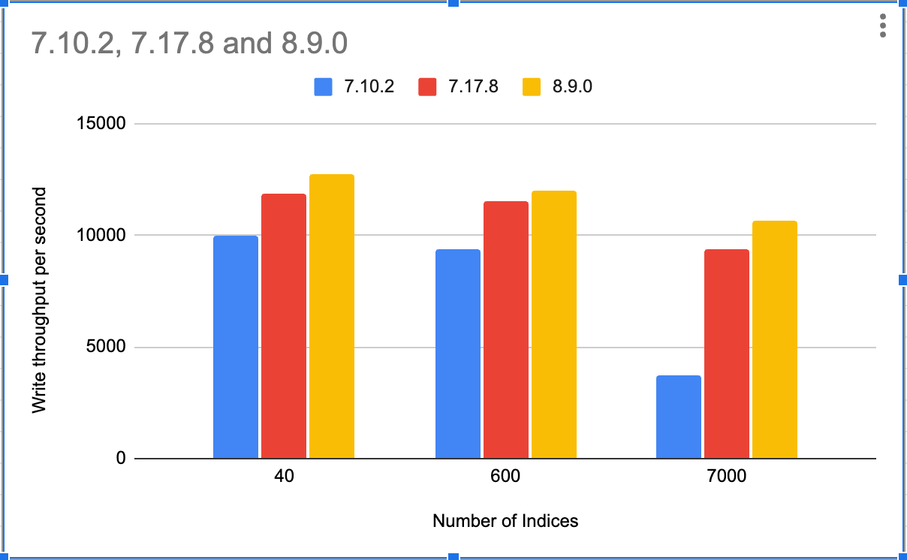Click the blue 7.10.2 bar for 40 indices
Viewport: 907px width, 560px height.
pos(236,347)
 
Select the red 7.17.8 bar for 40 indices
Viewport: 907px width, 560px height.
pos(284,326)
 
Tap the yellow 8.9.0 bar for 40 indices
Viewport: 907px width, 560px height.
pos(331,316)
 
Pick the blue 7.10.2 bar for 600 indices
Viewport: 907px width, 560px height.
pos(458,354)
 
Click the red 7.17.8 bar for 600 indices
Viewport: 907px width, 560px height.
pos(506,330)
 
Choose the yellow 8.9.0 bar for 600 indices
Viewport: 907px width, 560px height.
pos(553,324)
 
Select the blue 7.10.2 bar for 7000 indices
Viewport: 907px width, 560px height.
pos(679,417)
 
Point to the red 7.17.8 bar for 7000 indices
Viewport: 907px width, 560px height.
pos(727,354)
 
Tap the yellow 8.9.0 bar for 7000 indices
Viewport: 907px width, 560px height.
pos(774,339)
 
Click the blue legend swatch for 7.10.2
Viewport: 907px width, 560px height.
pos(324,86)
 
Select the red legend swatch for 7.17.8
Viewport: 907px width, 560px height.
pos(428,86)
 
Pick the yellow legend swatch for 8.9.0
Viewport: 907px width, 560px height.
pos(532,86)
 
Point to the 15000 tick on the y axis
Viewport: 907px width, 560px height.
pos(102,124)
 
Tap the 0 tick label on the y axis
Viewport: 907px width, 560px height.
pos(120,459)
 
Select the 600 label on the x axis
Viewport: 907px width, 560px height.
pos(506,477)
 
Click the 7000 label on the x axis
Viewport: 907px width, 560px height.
pos(727,477)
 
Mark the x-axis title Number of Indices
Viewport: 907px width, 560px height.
pos(505,520)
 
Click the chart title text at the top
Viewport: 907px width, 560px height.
pos(189,44)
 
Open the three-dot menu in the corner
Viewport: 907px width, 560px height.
pos(883,26)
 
